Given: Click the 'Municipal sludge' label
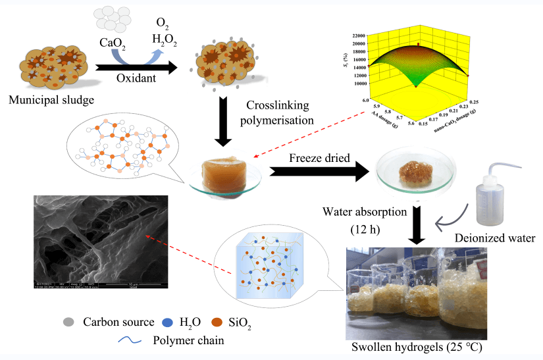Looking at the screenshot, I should pyautogui.click(x=51, y=100).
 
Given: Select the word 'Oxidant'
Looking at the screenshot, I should pyautogui.click(x=138, y=79).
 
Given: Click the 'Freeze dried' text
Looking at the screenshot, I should pyautogui.click(x=318, y=158).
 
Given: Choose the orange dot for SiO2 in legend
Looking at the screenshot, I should pyautogui.click(x=217, y=322).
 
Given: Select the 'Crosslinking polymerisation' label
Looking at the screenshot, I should pyautogui.click(x=278, y=113).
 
